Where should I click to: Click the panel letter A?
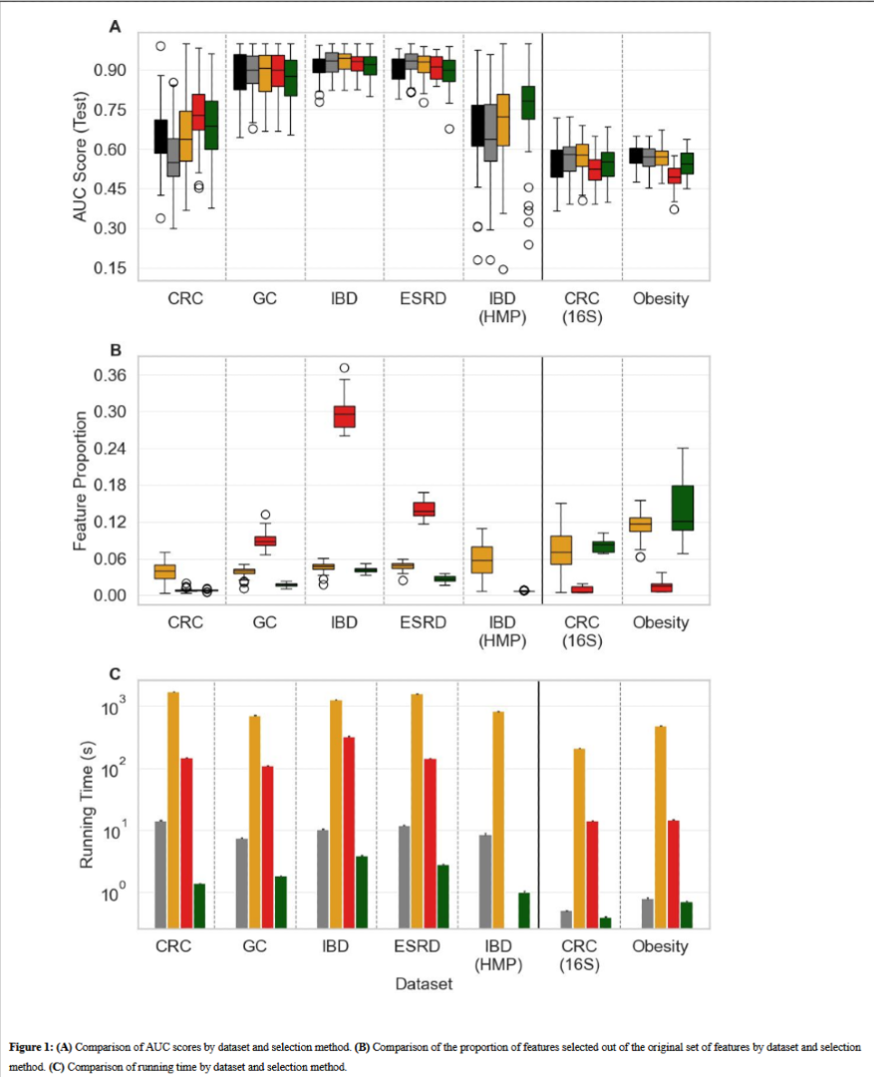pos(115,28)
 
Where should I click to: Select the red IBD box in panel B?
pos(345,415)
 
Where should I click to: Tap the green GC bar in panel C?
pos(280,902)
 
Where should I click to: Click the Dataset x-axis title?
pos(424,984)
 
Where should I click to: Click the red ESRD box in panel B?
pos(425,509)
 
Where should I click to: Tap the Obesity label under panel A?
pos(661,298)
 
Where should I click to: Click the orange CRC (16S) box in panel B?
pos(562,550)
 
